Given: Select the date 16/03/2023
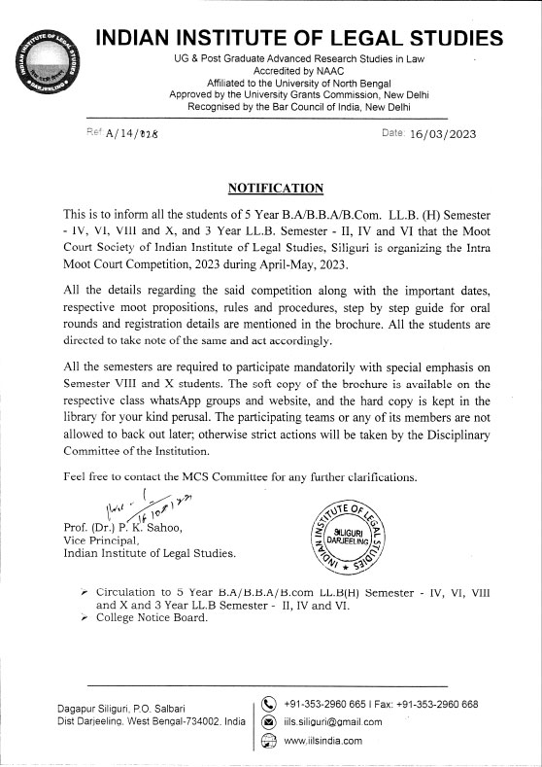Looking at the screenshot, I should tap(443, 134).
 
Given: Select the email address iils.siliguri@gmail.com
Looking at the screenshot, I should tap(333, 722).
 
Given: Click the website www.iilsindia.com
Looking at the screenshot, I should tap(322, 741).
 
